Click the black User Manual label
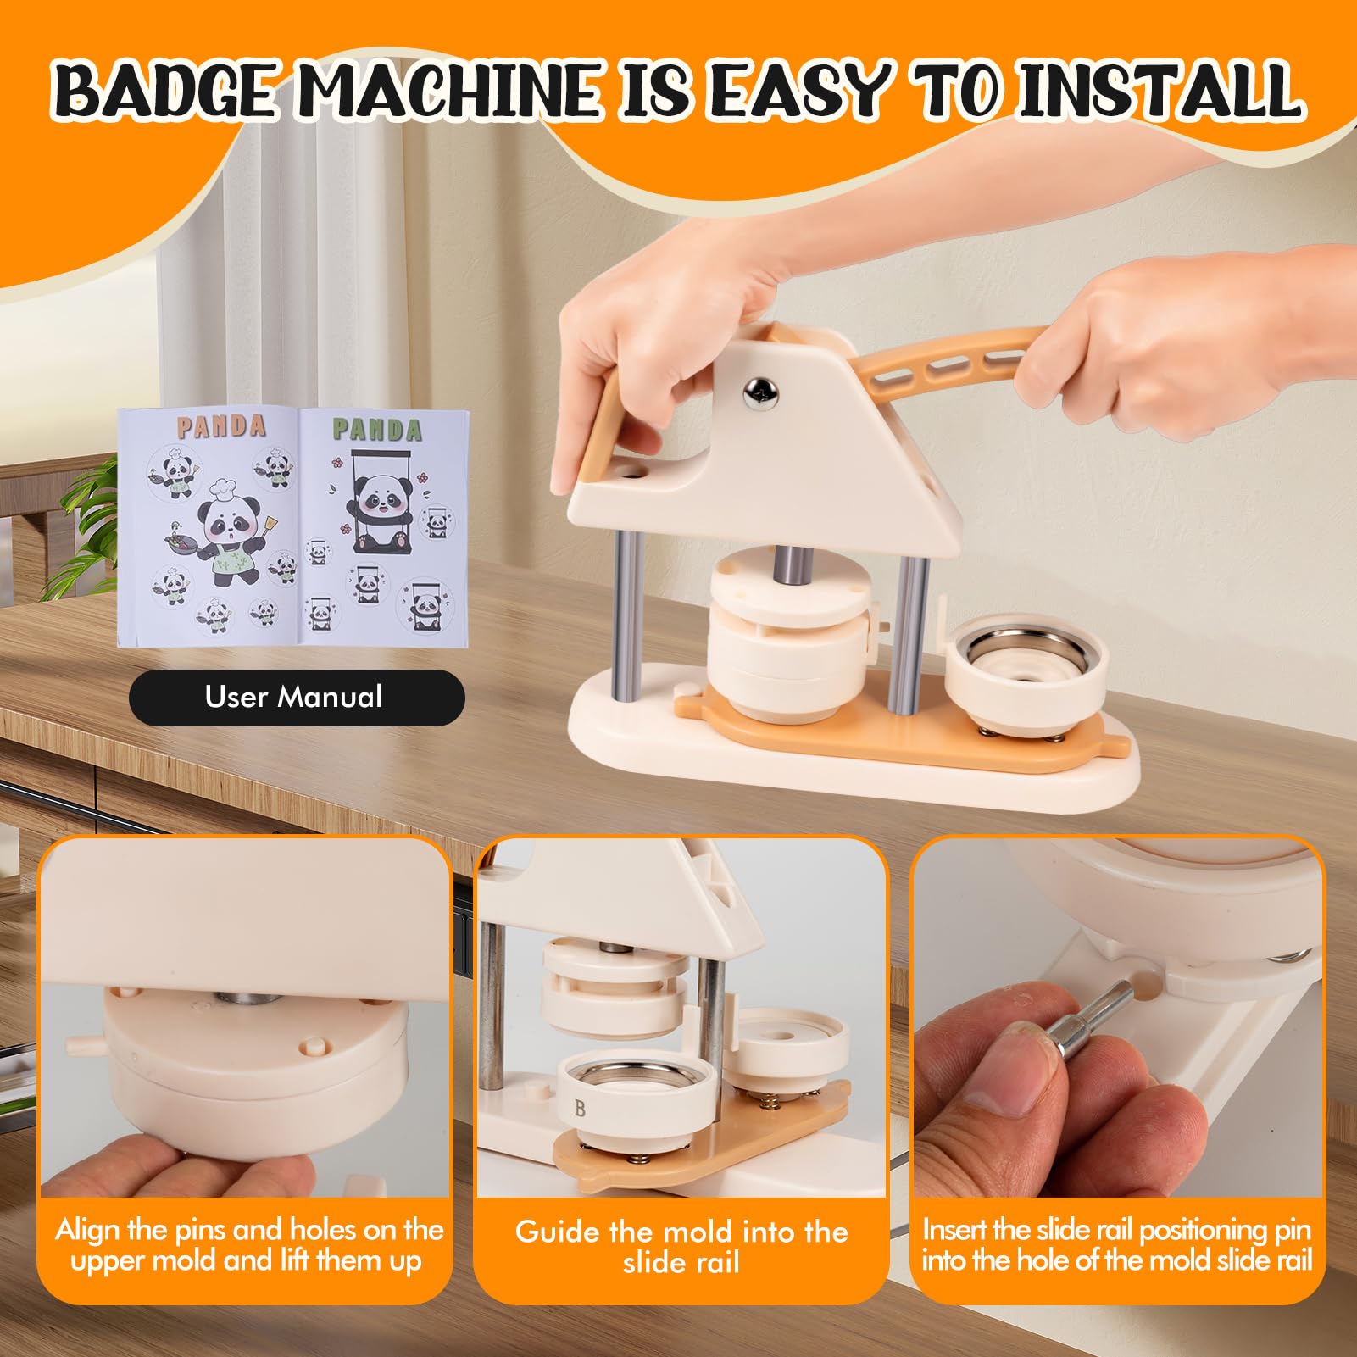[x=297, y=698]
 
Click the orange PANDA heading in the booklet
[x=221, y=425]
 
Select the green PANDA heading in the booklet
[x=376, y=429]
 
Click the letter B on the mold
[x=580, y=1108]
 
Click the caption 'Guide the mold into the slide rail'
[x=681, y=1247]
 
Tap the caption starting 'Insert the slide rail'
[x=1117, y=1244]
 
